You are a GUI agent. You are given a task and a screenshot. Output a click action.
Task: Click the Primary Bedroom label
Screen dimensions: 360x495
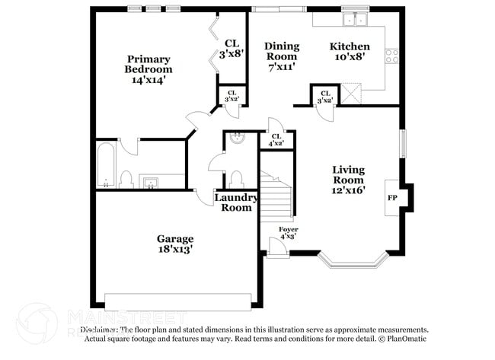point(148,69)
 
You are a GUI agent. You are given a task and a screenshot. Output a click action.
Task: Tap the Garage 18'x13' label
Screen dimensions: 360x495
point(175,244)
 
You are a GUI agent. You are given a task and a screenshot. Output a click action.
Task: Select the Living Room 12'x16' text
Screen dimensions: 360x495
point(349,180)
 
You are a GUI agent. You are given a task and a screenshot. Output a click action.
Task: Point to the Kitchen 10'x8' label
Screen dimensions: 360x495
point(350,51)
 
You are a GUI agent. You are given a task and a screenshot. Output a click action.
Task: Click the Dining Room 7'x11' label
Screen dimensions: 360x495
point(282,56)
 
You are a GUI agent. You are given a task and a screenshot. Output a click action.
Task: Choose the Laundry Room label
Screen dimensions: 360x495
point(235,202)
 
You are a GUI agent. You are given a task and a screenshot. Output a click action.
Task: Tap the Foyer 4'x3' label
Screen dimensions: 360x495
point(288,233)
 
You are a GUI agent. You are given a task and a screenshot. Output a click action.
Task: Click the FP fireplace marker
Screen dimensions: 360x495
point(393,198)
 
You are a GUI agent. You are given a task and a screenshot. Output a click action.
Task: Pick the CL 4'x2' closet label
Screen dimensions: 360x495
point(276,140)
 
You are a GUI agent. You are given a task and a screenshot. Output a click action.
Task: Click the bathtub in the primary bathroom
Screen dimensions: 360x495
point(105,164)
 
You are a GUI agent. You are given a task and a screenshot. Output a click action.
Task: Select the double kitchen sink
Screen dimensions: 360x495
point(354,21)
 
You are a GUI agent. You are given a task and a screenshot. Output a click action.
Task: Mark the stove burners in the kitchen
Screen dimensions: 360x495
point(392,55)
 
